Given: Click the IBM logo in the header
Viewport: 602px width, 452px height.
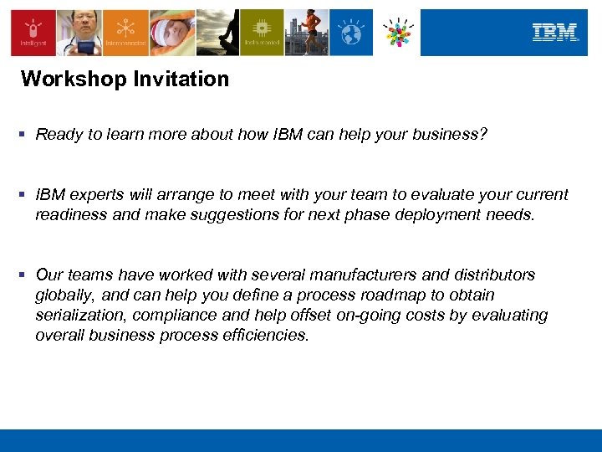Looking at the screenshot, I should tap(555, 33).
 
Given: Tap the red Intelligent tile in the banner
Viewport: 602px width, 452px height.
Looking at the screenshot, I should tap(33, 33).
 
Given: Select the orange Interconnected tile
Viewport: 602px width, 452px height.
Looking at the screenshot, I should tap(126, 33).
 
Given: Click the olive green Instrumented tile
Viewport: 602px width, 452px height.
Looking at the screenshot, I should tap(261, 33).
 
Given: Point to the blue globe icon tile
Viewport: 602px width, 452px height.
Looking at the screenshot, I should tap(351, 33).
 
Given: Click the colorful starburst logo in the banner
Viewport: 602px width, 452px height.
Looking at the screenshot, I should tap(397, 33).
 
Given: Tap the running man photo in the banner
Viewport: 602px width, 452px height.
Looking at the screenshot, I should tap(306, 33).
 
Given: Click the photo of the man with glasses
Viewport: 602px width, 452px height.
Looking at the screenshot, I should tap(80, 33).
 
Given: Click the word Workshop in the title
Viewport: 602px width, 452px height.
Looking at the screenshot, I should tap(65, 80).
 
